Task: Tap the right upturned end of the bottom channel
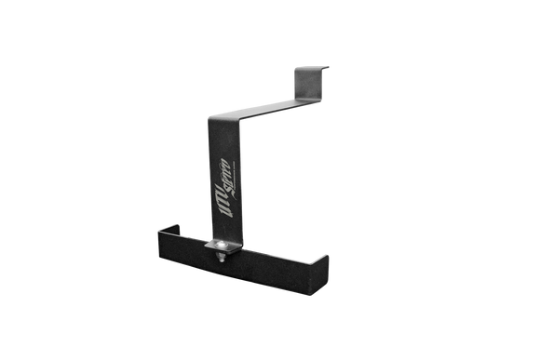click(326, 262)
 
